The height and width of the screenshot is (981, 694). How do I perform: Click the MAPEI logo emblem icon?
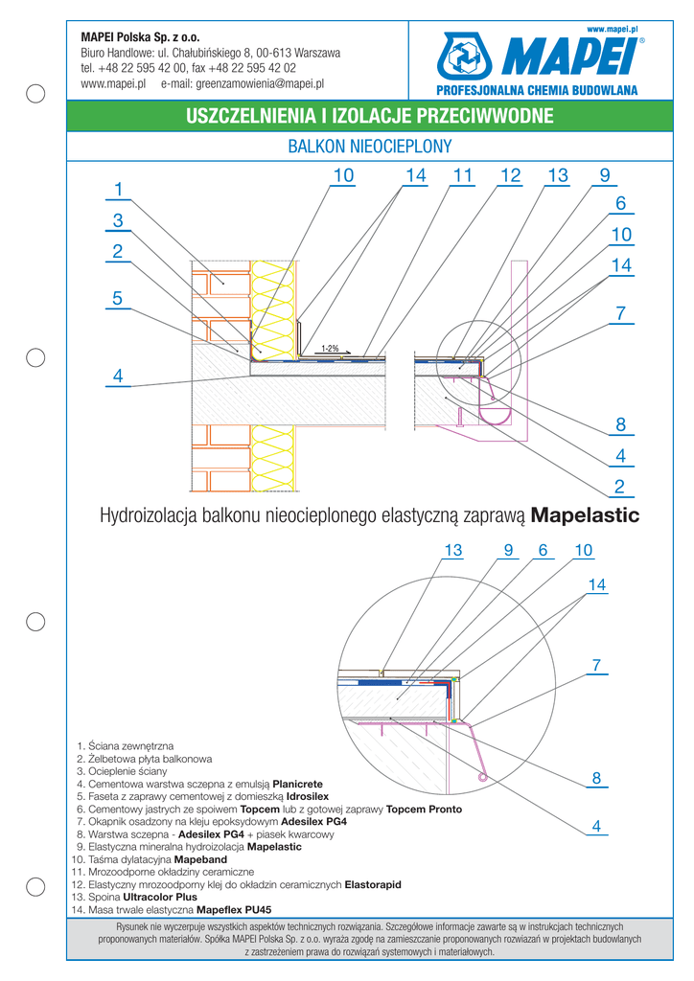[x=464, y=57]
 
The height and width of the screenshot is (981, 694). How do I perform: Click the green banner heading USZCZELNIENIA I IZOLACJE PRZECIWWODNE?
[x=370, y=116]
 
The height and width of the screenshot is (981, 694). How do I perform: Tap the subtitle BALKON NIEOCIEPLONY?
[x=370, y=147]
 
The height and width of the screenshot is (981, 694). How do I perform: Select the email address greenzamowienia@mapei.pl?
[x=260, y=83]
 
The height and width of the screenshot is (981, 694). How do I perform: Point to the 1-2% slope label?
[x=331, y=349]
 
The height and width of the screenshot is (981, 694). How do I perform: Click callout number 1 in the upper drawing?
[x=118, y=189]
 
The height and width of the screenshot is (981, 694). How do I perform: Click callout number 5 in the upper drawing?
[x=118, y=299]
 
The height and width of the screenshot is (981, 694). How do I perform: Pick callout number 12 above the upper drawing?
[x=511, y=176]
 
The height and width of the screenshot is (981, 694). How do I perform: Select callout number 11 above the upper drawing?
[x=462, y=176]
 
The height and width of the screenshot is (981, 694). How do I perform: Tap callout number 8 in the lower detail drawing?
[x=596, y=778]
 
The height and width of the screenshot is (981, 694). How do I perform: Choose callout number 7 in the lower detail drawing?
[x=596, y=665]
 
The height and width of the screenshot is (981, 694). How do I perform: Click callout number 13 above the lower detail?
[x=453, y=550]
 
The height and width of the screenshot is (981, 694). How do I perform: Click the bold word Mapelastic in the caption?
[x=585, y=515]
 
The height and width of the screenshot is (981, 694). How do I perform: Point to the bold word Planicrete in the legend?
[x=298, y=784]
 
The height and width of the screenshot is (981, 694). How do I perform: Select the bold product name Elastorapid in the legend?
[x=373, y=884]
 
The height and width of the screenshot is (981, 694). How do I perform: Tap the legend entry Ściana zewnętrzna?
[x=130, y=746]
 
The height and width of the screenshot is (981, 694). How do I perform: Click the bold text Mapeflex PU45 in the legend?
[x=234, y=910]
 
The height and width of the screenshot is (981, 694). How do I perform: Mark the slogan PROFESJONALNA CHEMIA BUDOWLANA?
[x=537, y=91]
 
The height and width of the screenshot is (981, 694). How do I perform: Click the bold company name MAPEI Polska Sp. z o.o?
[x=140, y=37]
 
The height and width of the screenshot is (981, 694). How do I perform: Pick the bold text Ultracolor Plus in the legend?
[x=159, y=897]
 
